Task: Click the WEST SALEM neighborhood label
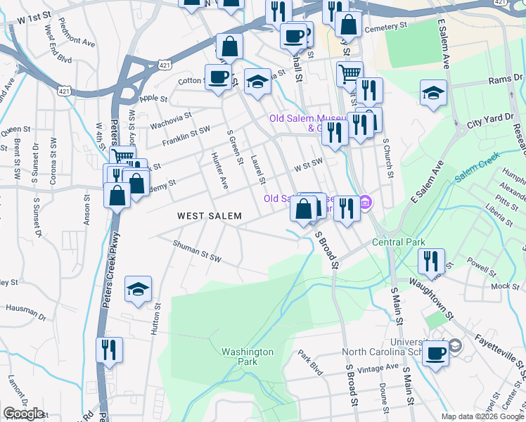click(x=209, y=216)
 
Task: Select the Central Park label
click(x=398, y=243)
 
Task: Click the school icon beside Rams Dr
click(x=433, y=93)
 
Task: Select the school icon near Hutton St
click(x=138, y=288)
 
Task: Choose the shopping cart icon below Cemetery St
click(x=349, y=72)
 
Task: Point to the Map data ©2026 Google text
click(x=482, y=416)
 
